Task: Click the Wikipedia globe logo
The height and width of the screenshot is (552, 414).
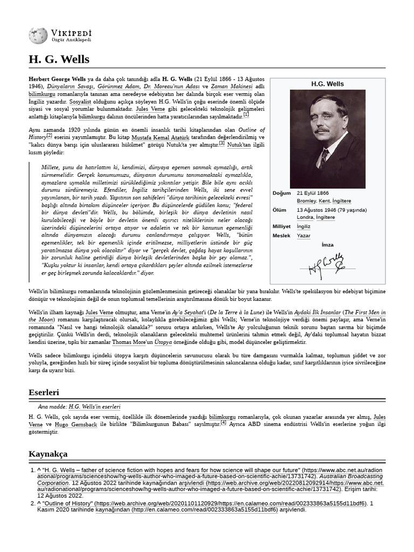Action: (38, 36)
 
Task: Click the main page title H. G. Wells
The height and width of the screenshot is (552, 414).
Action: (59, 59)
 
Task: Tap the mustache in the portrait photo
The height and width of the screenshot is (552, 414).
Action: (323, 130)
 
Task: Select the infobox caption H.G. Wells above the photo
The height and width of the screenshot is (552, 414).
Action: (327, 84)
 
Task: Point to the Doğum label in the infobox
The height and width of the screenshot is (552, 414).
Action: (281, 193)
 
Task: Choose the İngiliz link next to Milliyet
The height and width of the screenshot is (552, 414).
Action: (303, 226)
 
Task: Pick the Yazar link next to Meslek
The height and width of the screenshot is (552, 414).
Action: (303, 236)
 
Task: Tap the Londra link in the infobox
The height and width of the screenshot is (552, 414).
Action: (305, 217)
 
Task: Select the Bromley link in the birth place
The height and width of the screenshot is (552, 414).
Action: (307, 201)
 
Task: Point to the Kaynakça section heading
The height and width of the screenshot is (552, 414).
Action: (47, 454)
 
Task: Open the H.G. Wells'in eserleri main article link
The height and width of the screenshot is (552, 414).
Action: (94, 406)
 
